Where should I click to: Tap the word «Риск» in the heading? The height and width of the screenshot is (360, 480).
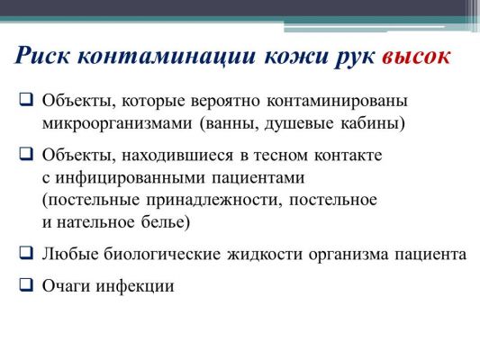click(42, 56)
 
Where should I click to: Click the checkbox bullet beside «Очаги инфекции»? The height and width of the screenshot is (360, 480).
click(26, 284)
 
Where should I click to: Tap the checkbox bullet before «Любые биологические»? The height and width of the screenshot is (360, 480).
click(26, 253)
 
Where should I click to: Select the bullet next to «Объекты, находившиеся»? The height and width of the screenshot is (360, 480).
click(26, 154)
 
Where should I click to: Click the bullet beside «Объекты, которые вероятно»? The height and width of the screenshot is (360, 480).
click(26, 99)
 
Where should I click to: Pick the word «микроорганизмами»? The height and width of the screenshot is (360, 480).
click(117, 124)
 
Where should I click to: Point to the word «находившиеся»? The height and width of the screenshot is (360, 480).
click(177, 157)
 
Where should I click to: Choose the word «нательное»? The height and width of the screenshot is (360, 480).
click(95, 222)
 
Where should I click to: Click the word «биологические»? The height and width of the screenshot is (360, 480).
click(162, 255)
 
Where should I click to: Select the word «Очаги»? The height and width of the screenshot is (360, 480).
click(67, 286)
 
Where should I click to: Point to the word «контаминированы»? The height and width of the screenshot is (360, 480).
click(338, 102)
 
